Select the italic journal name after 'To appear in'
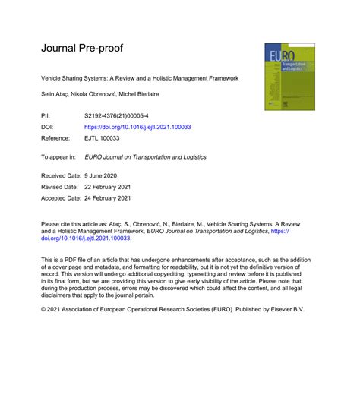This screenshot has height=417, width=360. point(145,156)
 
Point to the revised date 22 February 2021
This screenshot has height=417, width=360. point(113,188)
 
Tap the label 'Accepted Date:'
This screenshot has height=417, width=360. point(63,198)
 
